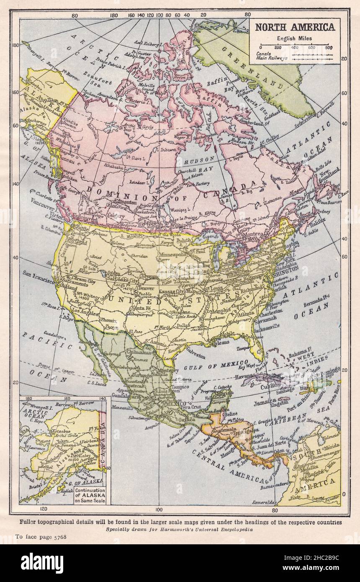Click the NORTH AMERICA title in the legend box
click(295, 27)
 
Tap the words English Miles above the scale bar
click(295, 39)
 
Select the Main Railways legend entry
click(273, 58)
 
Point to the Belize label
click(231, 414)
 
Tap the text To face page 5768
click(41, 536)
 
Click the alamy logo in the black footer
click(42, 563)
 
